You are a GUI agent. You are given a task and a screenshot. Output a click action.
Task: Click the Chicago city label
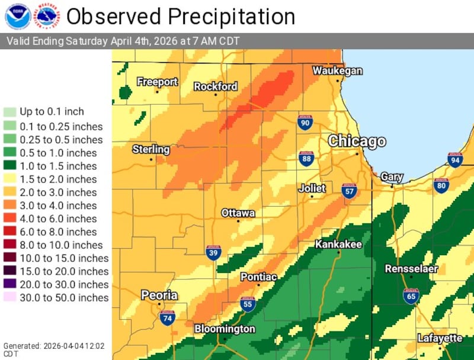tap(357, 142)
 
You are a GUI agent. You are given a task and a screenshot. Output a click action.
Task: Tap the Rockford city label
tap(216, 86)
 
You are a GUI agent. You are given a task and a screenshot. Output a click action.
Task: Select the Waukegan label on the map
tap(337, 70)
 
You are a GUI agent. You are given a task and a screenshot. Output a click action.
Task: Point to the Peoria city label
tap(159, 295)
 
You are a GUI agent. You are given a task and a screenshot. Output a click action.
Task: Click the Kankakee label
tap(338, 244)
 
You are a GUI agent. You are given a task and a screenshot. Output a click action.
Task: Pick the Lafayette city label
tap(440, 338)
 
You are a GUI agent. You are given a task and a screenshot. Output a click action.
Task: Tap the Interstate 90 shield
tap(305, 123)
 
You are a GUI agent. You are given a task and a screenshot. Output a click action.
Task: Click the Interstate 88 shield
tap(306, 159)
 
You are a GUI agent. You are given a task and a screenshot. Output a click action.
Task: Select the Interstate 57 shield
tap(349, 191)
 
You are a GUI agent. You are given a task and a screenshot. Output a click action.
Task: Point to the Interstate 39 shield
tap(214, 253)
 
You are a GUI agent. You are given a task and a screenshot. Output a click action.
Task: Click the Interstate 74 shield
tap(167, 319)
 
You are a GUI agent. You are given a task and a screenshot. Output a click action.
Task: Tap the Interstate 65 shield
tap(411, 296)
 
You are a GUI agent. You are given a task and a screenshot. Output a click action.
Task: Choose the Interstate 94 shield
tap(455, 160)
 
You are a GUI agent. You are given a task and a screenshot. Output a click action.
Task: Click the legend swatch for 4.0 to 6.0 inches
tap(10, 218)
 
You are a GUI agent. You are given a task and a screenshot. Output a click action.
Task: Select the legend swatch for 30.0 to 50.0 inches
tap(10, 297)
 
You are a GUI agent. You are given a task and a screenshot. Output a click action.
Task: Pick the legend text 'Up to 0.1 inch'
tap(52, 111)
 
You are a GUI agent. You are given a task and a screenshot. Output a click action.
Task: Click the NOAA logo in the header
tap(17, 17)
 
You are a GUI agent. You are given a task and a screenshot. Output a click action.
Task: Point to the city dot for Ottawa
tap(238, 221)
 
